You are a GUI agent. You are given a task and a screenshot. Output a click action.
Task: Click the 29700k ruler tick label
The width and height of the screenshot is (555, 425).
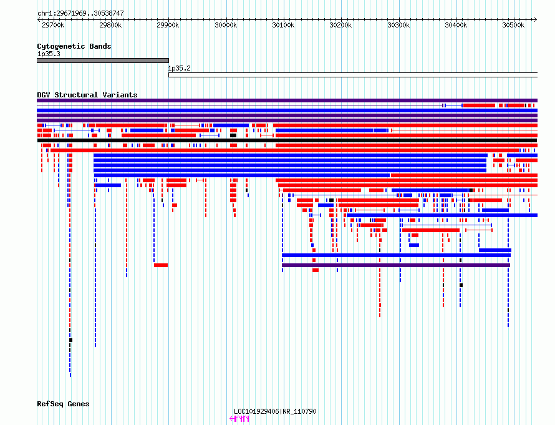(53, 25)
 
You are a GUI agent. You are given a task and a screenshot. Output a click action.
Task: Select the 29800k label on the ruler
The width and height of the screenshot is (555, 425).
(110, 25)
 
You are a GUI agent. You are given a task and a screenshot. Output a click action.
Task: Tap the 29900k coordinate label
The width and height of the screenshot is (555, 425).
(168, 25)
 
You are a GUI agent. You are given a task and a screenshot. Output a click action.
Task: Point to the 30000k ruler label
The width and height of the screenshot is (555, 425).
(226, 25)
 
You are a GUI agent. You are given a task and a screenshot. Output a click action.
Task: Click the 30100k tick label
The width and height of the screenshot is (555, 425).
(283, 25)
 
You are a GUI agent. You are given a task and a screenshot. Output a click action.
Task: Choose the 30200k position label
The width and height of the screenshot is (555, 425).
(340, 25)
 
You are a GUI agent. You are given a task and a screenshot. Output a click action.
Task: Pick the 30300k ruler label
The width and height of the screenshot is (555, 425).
(398, 25)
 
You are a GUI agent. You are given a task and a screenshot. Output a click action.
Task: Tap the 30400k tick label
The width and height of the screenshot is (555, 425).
(456, 25)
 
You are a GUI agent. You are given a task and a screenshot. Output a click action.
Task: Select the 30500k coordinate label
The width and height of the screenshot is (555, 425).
(513, 25)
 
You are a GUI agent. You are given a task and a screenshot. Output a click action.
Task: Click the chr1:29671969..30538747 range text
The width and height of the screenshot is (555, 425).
(80, 14)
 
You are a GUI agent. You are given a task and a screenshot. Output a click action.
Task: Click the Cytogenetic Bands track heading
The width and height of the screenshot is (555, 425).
(74, 46)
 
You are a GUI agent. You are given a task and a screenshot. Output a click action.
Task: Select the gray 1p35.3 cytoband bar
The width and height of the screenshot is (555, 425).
(103, 61)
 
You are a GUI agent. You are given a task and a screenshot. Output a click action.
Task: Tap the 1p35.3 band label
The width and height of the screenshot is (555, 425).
(49, 54)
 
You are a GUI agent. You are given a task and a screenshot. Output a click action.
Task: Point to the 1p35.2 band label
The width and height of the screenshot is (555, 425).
(179, 68)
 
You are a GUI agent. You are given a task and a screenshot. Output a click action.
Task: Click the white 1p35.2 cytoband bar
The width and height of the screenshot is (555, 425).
(353, 75)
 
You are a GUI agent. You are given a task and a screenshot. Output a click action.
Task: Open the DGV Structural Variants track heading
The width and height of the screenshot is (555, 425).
(87, 95)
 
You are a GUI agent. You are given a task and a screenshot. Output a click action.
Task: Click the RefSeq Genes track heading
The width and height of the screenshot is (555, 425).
(63, 404)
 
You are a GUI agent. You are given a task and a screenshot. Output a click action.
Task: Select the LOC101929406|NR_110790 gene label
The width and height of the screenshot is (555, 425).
(275, 411)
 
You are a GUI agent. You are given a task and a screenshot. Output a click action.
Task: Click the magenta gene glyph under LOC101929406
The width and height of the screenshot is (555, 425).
(239, 419)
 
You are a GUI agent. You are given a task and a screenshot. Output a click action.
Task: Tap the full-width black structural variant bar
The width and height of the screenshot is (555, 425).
(287, 140)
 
